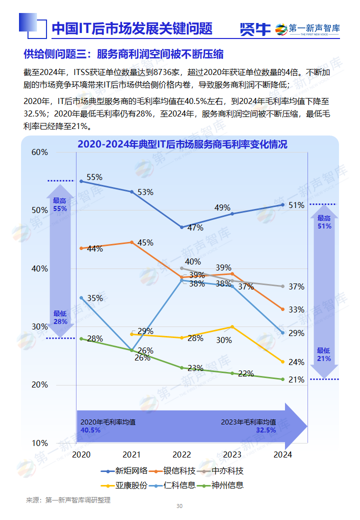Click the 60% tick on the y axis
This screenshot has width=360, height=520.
[39, 152]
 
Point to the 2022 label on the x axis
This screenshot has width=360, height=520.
[181, 454]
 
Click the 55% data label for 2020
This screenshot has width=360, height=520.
[94, 177]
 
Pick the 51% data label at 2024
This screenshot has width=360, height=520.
[296, 205]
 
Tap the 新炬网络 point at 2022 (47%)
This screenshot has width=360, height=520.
[182, 227]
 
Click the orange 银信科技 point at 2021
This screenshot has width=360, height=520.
[131, 242]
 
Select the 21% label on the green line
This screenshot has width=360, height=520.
[296, 379]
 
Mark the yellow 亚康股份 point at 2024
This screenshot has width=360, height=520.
[282, 361]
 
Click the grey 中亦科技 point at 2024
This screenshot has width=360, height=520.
[282, 286]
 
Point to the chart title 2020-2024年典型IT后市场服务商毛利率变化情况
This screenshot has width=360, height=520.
[182, 144]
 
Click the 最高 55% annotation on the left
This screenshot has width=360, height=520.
[59, 204]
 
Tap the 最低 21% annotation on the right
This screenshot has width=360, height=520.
[323, 354]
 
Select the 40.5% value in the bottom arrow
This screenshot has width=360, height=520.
[90, 430]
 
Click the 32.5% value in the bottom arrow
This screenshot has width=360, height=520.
[265, 430]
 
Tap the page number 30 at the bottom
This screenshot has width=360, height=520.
[179, 506]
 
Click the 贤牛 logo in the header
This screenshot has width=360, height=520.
[255, 29]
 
